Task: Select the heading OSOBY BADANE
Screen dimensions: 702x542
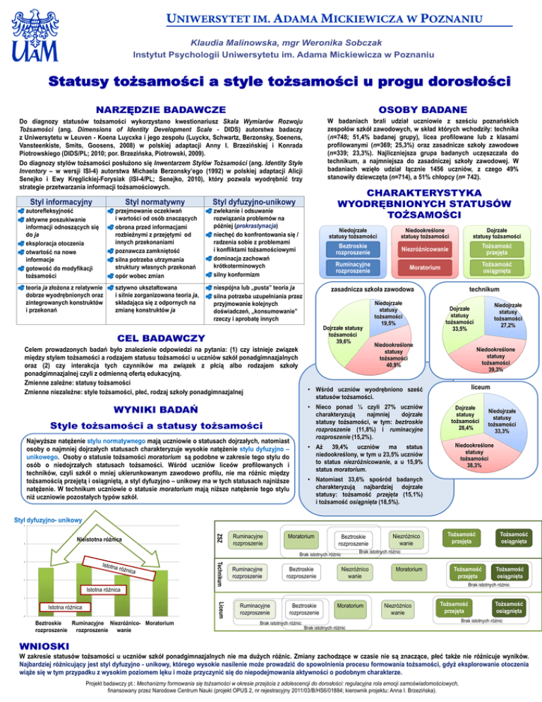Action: (423, 110)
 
